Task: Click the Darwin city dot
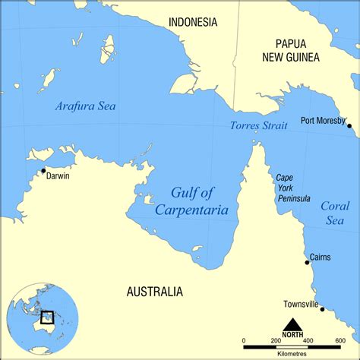(x=43, y=170)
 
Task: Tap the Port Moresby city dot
(x=349, y=125)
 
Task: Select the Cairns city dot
(x=307, y=262)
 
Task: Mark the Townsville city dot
(x=322, y=309)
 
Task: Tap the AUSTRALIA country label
(x=154, y=291)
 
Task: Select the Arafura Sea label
(x=85, y=106)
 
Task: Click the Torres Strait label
(x=258, y=125)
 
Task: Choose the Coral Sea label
(x=335, y=213)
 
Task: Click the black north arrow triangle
(x=292, y=324)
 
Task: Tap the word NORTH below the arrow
(x=292, y=335)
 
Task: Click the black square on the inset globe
(x=47, y=317)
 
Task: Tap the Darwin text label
(x=58, y=176)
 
